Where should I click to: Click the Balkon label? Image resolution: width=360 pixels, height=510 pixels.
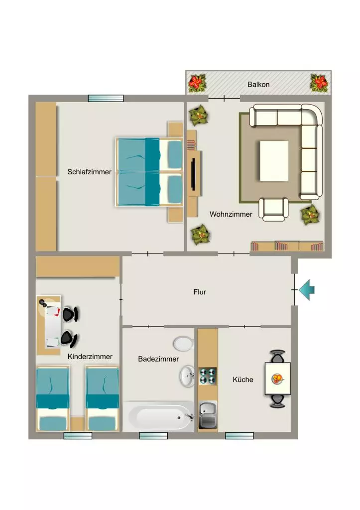point(258,85)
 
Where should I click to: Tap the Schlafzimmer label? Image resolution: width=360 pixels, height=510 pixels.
point(90,172)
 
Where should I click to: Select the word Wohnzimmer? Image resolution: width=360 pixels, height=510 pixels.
point(231,214)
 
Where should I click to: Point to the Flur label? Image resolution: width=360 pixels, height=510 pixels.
point(200,292)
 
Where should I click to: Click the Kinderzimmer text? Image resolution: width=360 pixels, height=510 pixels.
point(90,357)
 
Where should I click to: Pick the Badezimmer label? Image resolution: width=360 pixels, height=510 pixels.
point(158,359)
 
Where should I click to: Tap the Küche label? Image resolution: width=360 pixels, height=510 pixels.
point(243,380)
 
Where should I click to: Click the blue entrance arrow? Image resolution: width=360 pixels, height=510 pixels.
point(307,290)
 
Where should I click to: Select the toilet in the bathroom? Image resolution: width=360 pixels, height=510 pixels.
point(184,344)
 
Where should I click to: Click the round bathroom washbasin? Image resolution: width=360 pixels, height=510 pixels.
point(187,377)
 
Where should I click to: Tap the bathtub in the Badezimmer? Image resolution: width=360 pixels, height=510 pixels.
point(159,416)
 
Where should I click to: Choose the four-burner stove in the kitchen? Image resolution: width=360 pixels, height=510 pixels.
point(208,376)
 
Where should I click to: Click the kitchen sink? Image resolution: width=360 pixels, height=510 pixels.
point(208,415)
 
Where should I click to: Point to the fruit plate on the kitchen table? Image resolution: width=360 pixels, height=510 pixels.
point(277,379)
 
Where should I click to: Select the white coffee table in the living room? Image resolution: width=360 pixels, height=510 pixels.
point(274,161)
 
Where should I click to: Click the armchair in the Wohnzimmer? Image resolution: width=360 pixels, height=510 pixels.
point(273,210)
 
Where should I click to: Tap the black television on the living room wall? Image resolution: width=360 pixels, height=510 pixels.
point(193,174)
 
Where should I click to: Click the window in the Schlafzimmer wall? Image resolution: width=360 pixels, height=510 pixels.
point(106,98)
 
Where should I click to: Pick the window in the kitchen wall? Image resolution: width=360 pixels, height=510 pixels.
point(240,436)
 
